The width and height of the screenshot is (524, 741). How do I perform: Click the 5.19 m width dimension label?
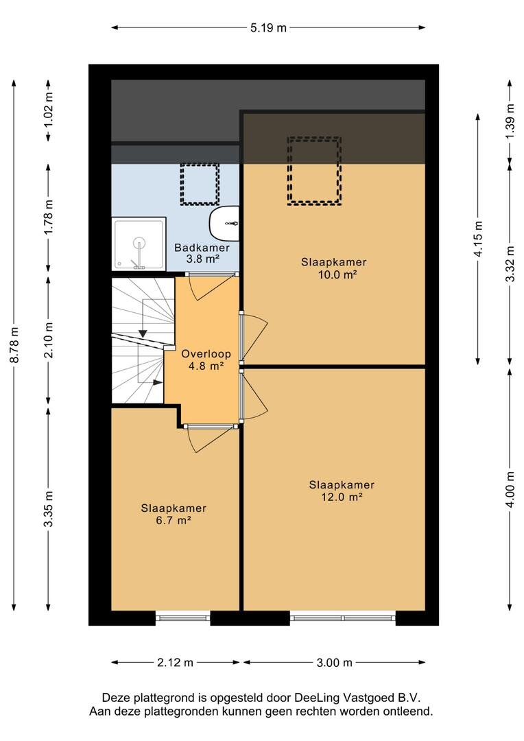click(268, 27)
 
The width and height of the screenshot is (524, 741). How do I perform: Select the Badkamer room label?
click(202, 247)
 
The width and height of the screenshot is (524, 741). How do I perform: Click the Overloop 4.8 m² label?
click(206, 359)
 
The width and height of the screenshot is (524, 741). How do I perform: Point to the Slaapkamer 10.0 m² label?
click(334, 268)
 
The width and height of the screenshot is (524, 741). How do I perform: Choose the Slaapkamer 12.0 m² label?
click(342, 491)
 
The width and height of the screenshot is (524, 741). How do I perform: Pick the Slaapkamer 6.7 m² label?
click(174, 514)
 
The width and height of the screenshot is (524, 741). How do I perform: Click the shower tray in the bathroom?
click(139, 244)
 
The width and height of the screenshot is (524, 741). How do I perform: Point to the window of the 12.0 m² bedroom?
click(342, 617)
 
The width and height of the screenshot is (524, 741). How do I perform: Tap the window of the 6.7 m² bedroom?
click(183, 617)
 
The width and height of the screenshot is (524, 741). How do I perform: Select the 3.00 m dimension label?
click(335, 663)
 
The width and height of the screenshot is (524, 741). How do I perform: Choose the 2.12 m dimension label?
click(176, 663)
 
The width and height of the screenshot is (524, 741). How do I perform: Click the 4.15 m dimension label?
click(478, 239)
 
